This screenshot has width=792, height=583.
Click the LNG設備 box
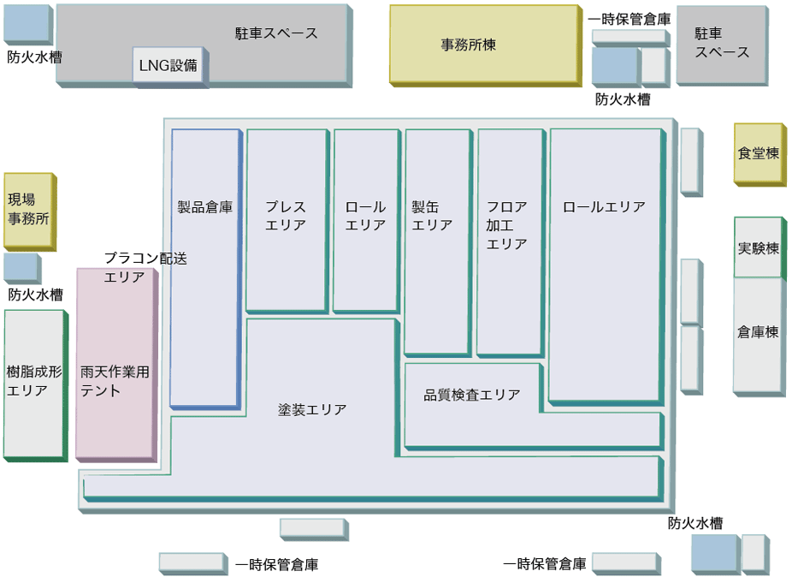tap(168, 64)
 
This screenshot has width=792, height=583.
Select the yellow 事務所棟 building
tap(483, 44)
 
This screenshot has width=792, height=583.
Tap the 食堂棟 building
tap(758, 153)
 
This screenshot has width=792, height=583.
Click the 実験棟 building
tap(758, 247)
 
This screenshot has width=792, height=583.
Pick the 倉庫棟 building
tap(758, 334)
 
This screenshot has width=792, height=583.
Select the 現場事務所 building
tap(28, 210)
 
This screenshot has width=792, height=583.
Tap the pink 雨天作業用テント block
tap(115, 363)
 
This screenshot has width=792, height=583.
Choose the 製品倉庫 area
tap(204, 266)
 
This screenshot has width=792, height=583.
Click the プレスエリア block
tap(286, 218)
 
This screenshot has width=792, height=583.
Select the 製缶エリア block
tap(436, 240)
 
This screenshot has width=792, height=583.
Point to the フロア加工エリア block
tap(509, 240)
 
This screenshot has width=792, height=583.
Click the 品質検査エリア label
tap(471, 395)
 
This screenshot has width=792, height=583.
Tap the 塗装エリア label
tap(312, 409)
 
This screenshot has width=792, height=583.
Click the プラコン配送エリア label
tap(145, 266)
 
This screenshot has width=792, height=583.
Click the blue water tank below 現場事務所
tap(21, 267)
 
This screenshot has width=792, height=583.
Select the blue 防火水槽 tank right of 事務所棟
tap(614, 66)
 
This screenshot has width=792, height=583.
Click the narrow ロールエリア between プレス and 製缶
tap(365, 218)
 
